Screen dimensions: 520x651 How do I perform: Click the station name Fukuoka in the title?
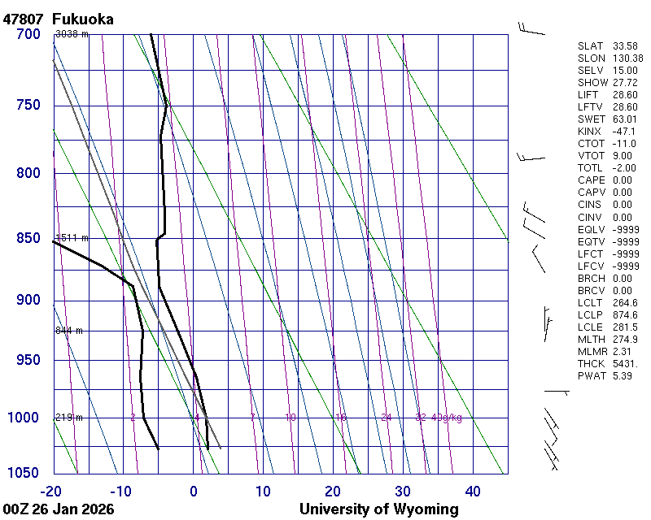tap(82, 19)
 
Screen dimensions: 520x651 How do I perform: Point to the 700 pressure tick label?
tap(28, 34)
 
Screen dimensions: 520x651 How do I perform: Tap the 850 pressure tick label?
tap(28, 239)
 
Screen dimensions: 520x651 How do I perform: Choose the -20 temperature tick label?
tap(51, 491)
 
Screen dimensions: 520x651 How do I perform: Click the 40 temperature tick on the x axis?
tap(473, 491)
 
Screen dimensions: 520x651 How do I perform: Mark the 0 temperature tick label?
tap(194, 491)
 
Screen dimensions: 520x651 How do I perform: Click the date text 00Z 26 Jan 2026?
tap(59, 509)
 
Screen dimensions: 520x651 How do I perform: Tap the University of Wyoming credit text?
tap(379, 509)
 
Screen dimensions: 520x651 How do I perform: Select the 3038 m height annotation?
tap(72, 34)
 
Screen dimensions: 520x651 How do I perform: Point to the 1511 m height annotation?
tap(72, 238)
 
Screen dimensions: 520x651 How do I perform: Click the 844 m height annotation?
tap(69, 331)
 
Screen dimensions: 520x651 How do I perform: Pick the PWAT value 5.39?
tap(623, 376)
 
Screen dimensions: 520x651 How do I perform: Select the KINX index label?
tap(589, 132)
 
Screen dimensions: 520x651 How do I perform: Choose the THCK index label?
tap(590, 364)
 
